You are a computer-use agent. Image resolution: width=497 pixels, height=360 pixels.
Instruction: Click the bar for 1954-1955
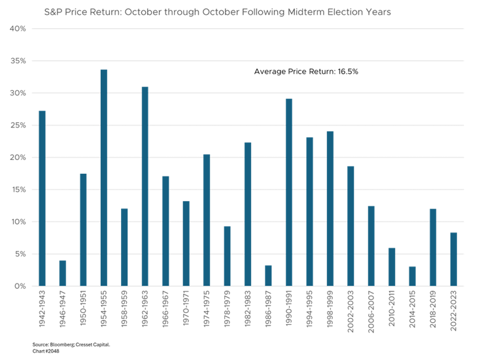(x=104, y=178)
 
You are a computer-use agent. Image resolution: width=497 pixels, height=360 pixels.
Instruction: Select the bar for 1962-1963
(x=145, y=186)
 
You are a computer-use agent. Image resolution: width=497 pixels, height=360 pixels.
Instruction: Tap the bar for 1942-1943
(x=43, y=198)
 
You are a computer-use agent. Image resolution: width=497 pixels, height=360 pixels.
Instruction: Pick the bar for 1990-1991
(x=288, y=192)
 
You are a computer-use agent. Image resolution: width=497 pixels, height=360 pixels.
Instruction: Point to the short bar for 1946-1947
(x=63, y=273)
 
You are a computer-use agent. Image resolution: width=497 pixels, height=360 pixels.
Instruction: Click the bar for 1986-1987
(x=268, y=276)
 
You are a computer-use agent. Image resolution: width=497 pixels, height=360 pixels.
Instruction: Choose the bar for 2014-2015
(x=412, y=276)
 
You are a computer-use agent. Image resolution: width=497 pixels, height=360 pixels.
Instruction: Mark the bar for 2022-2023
(x=453, y=259)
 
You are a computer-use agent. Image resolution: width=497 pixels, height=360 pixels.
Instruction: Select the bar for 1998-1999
(x=330, y=208)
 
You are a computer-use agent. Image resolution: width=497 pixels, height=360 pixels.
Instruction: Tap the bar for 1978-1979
(x=227, y=256)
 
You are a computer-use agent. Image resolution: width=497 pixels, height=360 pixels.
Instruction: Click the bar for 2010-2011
(x=392, y=267)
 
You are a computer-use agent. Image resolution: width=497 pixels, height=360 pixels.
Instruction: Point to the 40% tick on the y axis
(x=18, y=29)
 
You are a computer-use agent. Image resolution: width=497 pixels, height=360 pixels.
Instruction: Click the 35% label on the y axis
(x=18, y=61)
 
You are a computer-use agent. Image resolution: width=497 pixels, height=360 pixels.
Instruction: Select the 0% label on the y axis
(x=20, y=286)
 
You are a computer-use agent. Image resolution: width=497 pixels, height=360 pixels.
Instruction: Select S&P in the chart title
(x=53, y=12)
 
